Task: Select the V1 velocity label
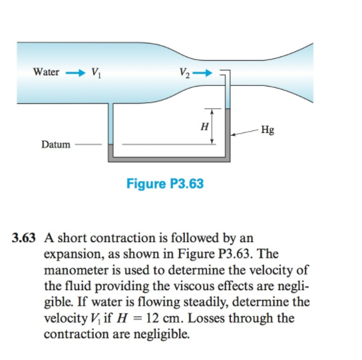(96, 73)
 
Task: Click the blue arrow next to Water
(75, 72)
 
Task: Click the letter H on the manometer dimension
(204, 126)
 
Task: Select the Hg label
(267, 130)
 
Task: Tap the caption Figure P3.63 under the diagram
(164, 183)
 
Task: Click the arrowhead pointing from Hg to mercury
(233, 132)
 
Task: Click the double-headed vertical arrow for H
(212, 126)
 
